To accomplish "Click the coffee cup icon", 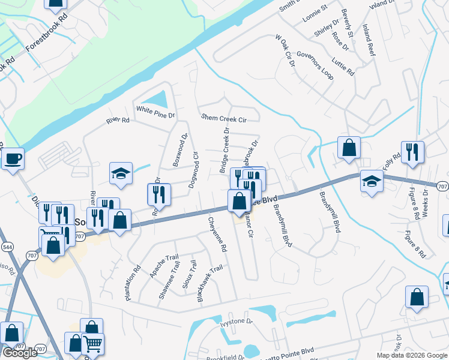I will coord(13,159).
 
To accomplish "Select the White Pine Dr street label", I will coord(155,111).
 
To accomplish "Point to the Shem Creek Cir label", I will coord(224,119).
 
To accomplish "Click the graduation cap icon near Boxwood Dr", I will coord(121,173).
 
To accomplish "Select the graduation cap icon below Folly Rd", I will coord(372,181).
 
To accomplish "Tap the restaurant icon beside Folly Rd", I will coord(412,152).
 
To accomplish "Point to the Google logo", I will coord(20,353).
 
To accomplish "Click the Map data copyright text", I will coord(411,355).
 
